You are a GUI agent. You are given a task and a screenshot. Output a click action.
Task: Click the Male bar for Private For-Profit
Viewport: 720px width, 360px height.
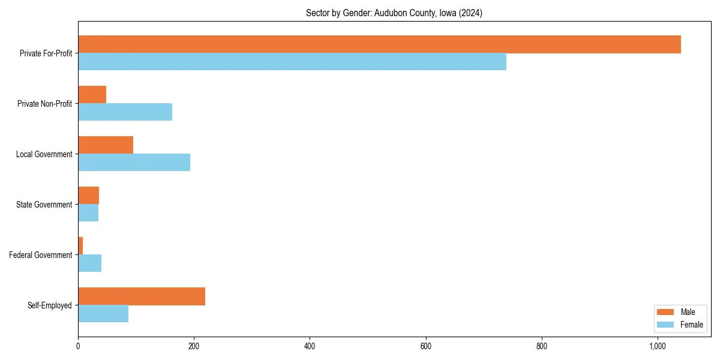379,44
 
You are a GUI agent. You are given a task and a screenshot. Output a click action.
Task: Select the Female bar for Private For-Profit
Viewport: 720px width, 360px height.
292,62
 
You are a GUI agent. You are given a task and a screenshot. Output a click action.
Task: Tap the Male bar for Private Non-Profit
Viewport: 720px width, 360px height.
92,95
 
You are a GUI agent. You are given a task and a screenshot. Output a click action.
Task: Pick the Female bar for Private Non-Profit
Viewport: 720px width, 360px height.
125,112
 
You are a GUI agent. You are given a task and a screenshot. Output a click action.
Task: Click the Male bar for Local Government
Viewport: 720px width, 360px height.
106,145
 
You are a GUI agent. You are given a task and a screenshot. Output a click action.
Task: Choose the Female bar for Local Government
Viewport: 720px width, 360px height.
134,163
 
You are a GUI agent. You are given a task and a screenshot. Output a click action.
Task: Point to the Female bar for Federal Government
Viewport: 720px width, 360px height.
89,263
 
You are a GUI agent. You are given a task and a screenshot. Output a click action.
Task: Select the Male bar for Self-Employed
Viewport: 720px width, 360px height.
142,296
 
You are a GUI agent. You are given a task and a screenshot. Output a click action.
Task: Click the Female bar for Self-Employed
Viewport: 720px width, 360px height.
103,314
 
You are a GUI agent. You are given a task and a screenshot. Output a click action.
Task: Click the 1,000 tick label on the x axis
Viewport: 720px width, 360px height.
658,346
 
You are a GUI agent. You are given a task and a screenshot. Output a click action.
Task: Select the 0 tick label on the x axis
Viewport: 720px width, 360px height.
78,346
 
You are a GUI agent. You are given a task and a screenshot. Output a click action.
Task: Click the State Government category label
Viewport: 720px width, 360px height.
44,205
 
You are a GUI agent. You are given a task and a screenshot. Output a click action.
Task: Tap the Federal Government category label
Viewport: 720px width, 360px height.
40,255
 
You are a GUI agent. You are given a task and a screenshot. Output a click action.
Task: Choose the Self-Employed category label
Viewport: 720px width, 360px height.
49,305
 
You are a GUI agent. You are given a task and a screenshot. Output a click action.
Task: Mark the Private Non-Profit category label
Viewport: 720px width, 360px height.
44,104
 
